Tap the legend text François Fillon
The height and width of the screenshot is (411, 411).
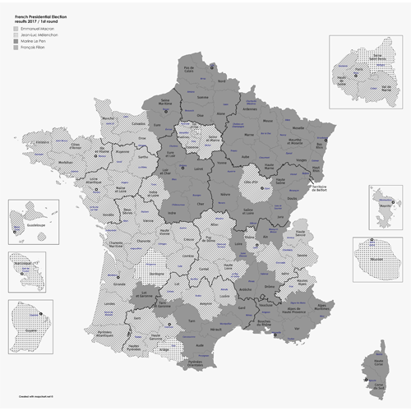[34, 48]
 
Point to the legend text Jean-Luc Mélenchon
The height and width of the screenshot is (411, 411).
[37, 35]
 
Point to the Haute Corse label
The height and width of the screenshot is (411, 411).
[381, 359]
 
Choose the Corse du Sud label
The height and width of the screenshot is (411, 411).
[378, 385]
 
